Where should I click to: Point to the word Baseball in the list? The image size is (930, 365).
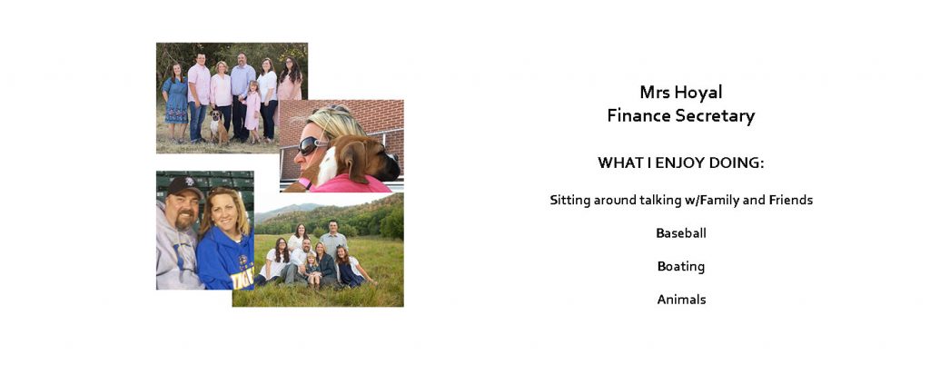(681, 232)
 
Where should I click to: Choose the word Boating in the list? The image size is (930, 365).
(681, 266)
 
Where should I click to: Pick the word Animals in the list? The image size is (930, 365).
(681, 300)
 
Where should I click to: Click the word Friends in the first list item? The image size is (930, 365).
(791, 200)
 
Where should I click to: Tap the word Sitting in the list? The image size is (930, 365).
(570, 201)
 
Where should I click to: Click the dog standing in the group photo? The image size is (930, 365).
(219, 125)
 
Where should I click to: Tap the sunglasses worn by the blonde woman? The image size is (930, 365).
(311, 144)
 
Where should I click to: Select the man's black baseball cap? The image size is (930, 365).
(183, 187)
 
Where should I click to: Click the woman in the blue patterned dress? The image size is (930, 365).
(176, 102)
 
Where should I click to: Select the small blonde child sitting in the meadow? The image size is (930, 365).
(312, 270)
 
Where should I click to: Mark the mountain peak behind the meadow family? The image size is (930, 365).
(305, 205)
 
